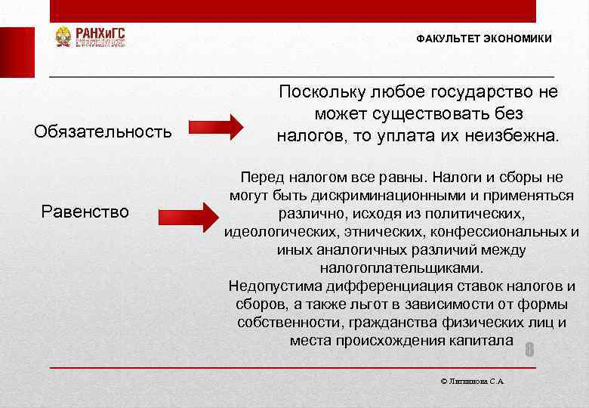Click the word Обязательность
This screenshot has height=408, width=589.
[103, 131]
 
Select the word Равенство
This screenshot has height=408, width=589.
[85, 211]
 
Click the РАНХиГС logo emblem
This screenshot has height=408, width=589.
[63, 37]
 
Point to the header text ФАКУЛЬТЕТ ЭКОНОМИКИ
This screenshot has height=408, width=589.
[483, 39]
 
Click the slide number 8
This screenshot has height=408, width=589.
[529, 350]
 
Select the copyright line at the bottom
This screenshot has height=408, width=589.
[472, 382]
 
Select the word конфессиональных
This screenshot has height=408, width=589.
[495, 232]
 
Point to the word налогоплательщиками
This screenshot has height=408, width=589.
[401, 268]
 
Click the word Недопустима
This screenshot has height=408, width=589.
[275, 286]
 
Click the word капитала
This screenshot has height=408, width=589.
[483, 341]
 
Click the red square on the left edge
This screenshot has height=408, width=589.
[17, 52]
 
